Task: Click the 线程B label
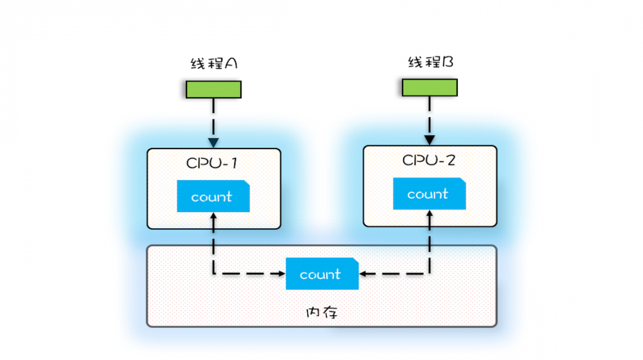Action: point(430,62)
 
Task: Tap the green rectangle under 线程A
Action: point(213,89)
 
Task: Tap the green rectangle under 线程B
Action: point(430,87)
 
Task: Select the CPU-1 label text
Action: point(212,163)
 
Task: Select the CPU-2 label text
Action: point(429,160)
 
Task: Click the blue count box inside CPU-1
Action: point(213,197)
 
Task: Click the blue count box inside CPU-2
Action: point(429,194)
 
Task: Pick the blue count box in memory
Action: point(322,274)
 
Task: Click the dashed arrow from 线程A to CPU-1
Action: point(213,119)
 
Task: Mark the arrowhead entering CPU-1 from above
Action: point(213,143)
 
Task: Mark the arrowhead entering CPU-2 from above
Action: point(430,139)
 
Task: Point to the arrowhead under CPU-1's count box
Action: point(213,217)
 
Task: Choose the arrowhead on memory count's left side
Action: point(282,274)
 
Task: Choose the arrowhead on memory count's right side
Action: point(363,274)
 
